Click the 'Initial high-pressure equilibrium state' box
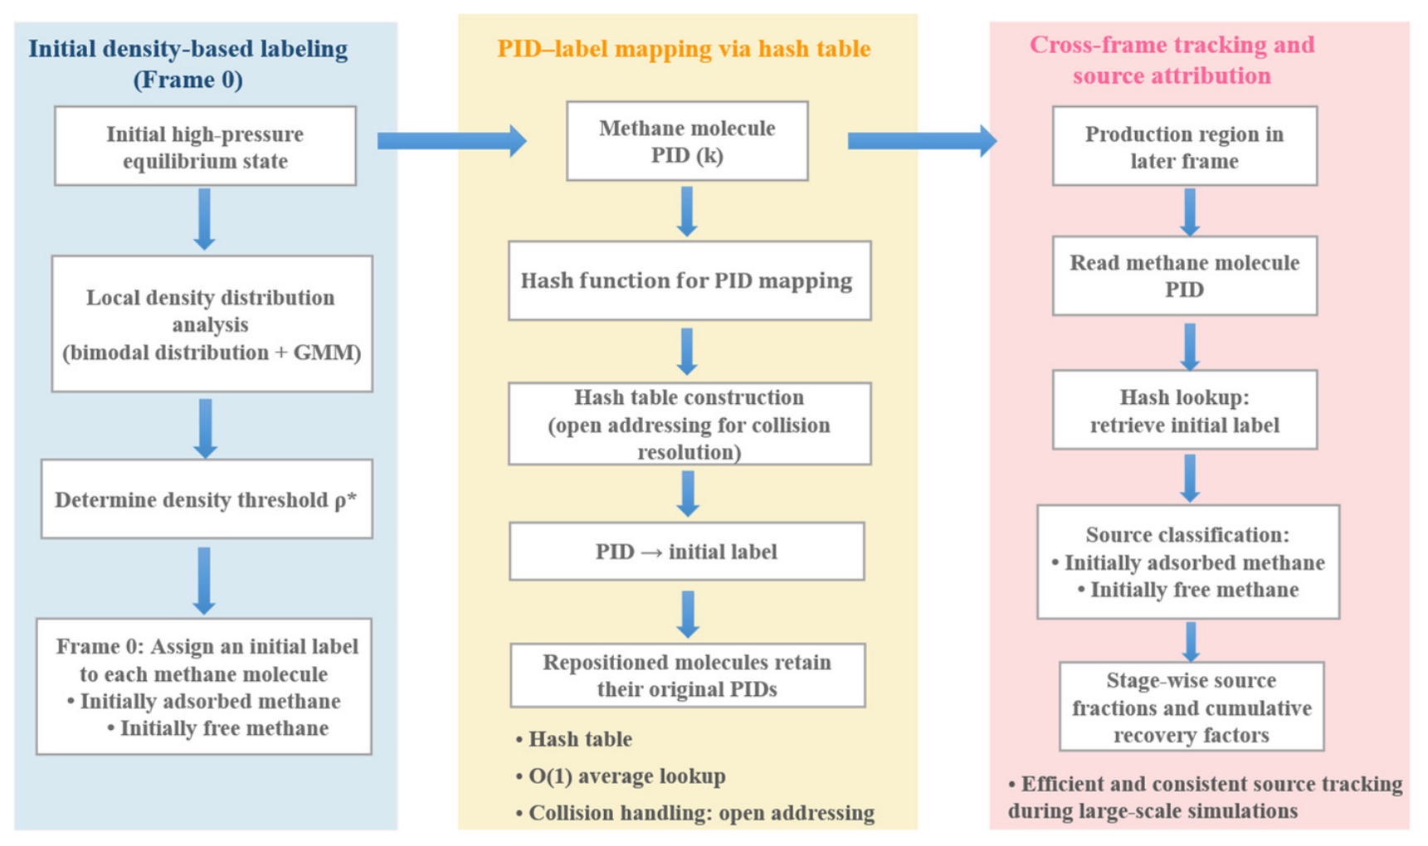(x=205, y=146)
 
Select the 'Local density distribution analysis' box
(x=212, y=323)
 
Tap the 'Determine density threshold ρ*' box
(x=207, y=498)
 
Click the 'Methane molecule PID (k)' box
(x=687, y=141)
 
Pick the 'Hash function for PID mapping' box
(x=690, y=280)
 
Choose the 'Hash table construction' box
(x=690, y=424)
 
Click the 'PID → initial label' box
(x=687, y=552)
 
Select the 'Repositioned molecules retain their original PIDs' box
(x=688, y=675)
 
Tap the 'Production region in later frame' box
(x=1185, y=146)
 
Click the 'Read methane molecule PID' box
(x=1185, y=275)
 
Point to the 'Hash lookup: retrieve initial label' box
(x=1185, y=410)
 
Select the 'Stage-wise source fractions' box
(x=1192, y=707)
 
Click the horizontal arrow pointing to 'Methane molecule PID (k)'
(x=452, y=141)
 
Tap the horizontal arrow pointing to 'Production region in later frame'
(x=923, y=141)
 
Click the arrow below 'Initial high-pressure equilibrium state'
(x=204, y=219)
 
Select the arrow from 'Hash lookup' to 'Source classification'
(x=1190, y=478)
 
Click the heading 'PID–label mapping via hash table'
(x=684, y=49)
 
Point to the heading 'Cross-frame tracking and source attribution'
(x=1172, y=60)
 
